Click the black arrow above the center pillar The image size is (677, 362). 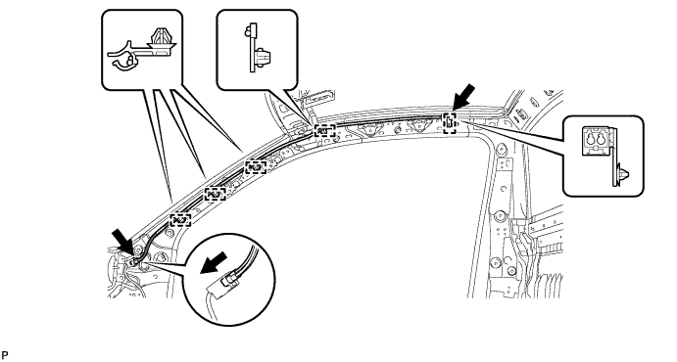[465, 98]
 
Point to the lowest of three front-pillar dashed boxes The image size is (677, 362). [180, 220]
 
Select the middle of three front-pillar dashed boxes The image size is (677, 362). [215, 193]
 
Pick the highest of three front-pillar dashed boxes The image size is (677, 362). [255, 166]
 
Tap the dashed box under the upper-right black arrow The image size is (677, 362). [450, 122]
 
